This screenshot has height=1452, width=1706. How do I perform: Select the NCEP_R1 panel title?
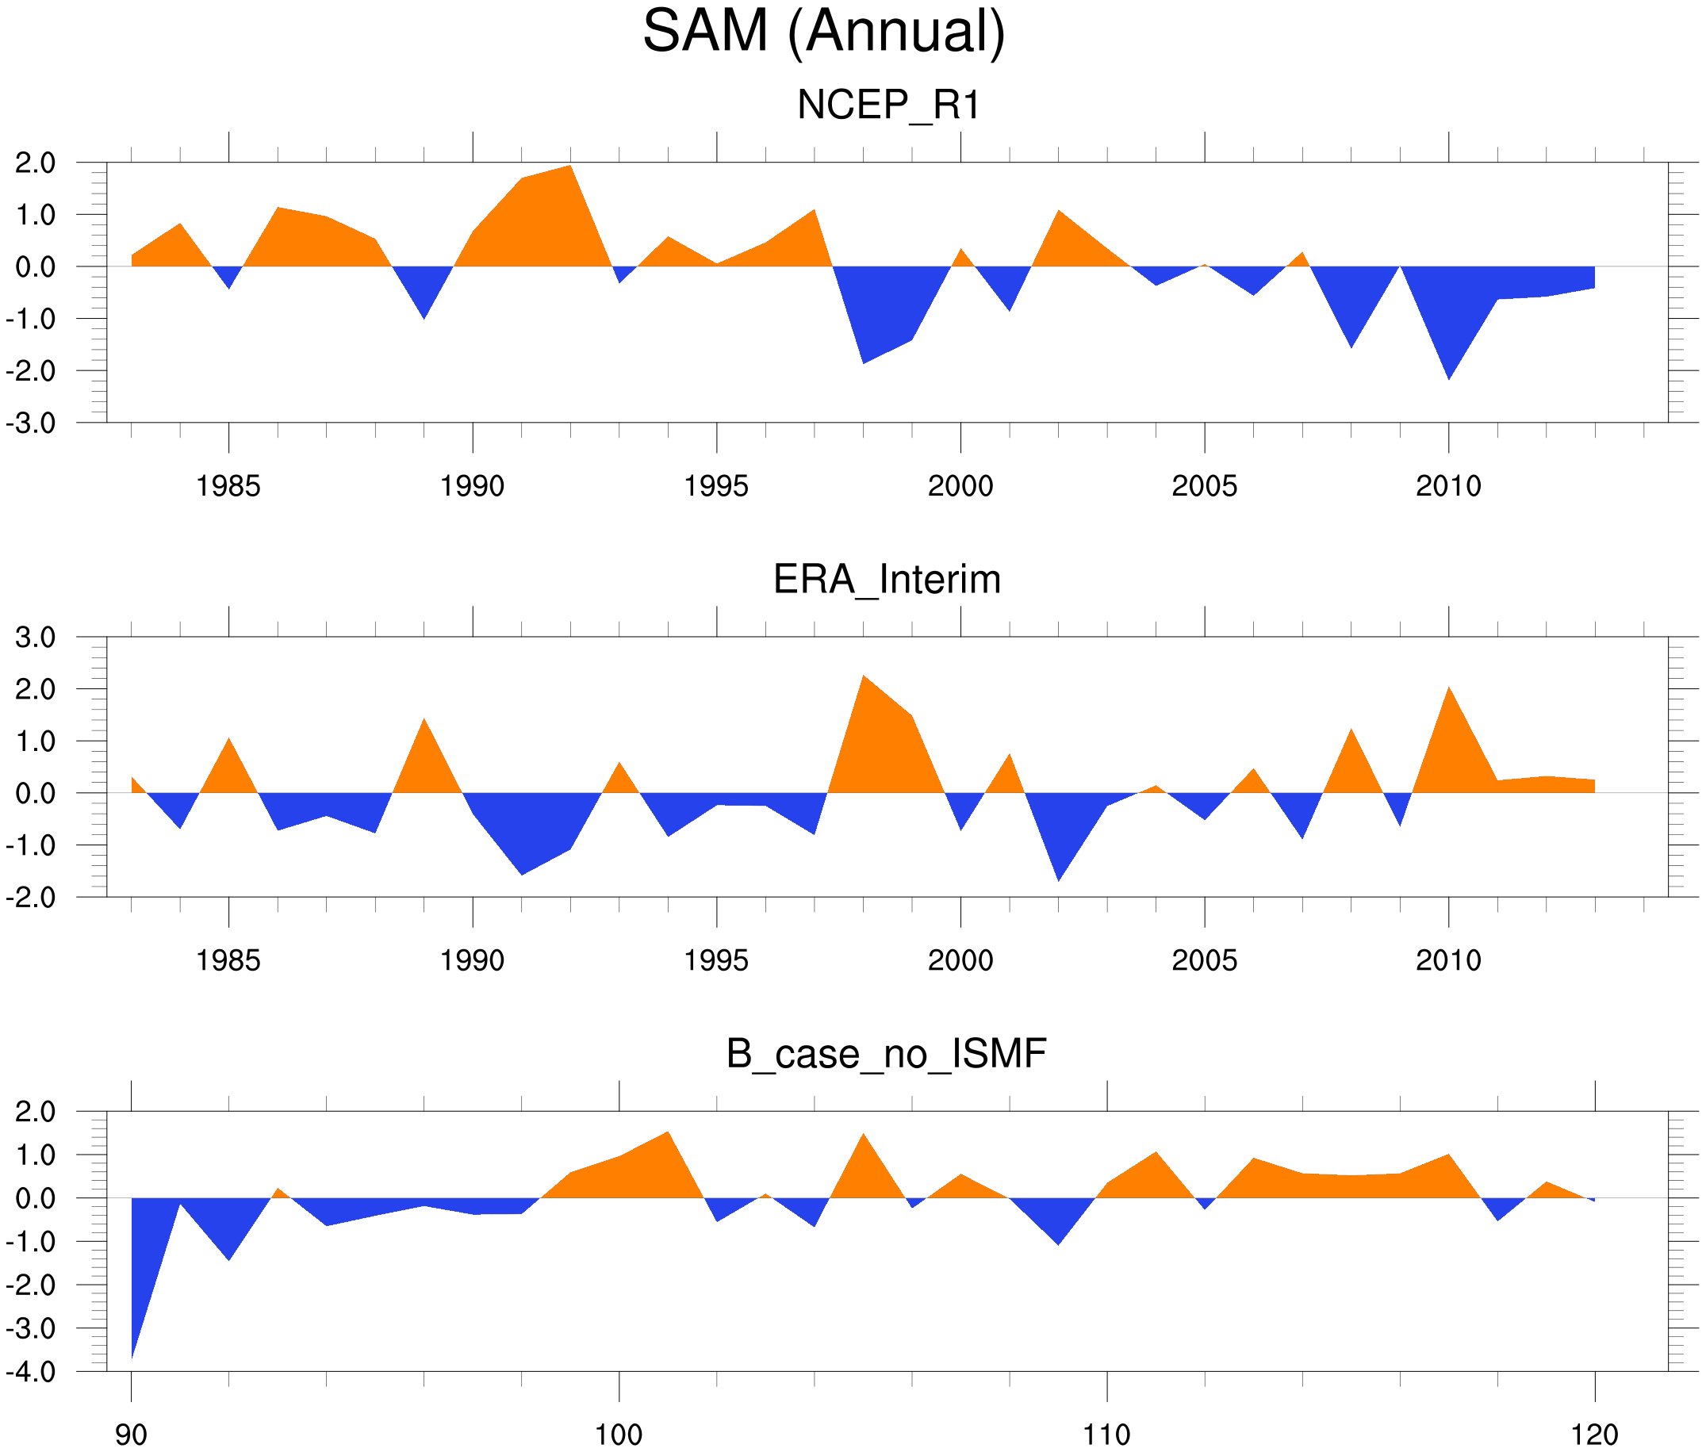(888, 105)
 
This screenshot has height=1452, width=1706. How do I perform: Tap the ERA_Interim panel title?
(887, 580)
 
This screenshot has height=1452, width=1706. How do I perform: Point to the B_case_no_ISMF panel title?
(887, 1055)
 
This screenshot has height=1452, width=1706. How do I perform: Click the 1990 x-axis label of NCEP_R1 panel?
(472, 486)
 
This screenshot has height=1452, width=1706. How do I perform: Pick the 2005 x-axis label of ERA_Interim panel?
(1204, 960)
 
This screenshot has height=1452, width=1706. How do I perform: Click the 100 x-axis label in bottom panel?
(619, 1435)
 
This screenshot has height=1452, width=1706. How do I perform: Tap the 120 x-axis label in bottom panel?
(1595, 1435)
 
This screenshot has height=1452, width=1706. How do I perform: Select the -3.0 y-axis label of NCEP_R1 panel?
(30, 424)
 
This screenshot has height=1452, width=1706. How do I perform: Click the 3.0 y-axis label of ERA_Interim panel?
(36, 638)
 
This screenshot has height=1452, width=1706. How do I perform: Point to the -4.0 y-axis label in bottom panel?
(30, 1372)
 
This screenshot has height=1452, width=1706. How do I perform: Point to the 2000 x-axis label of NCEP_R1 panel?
(960, 486)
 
